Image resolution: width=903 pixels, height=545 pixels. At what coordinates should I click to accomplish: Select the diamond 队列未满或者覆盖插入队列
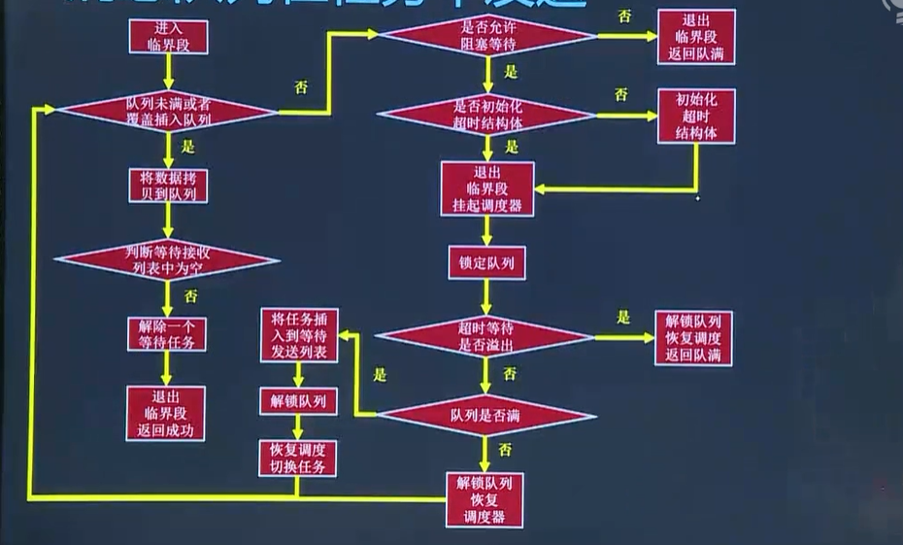coord(168,111)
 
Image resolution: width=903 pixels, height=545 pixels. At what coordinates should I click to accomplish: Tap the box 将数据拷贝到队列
coord(167,187)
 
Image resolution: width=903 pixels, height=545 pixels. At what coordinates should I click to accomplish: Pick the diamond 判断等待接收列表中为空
coord(167,260)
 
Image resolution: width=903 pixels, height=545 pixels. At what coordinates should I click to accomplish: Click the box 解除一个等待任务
coord(167,334)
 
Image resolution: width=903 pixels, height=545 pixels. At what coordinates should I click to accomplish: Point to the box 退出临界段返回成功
coord(166,413)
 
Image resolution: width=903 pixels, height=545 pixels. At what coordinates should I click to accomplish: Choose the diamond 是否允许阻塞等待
coord(487,36)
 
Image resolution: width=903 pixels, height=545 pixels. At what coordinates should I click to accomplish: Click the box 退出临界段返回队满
coord(696,37)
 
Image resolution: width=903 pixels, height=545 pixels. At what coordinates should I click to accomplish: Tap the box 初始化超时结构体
coord(696,116)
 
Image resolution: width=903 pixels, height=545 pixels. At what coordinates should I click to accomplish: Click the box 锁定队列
coord(486,263)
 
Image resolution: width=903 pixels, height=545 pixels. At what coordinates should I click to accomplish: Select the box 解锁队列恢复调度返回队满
coord(693,338)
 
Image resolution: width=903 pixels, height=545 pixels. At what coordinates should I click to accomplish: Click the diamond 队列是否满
coord(485,416)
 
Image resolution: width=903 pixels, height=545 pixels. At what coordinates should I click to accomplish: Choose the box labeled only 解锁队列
coord(298,400)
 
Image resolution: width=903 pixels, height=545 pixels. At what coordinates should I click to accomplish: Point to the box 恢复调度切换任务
coord(298,458)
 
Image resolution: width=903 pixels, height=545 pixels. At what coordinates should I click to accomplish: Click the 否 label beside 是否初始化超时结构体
coord(620,94)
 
